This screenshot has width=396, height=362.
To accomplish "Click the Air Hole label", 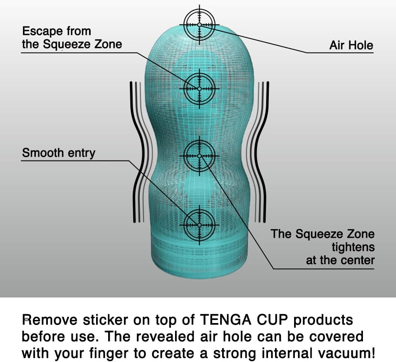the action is coord(351,45).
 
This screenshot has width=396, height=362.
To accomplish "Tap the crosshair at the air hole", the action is coord(200,25).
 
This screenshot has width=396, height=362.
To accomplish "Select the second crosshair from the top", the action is coord(200,89).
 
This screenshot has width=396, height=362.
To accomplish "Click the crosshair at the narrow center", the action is coord(200,156).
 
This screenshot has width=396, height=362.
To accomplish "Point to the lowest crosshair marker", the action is coord(200,225).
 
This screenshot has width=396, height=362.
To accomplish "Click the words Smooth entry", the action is coord(59,153).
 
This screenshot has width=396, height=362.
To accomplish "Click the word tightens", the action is coord(353,247).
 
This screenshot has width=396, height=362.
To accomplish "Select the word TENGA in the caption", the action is coord(226,320).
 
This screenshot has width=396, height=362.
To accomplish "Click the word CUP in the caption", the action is coord(272,320).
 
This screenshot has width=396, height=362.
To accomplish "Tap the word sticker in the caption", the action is coord(105,320).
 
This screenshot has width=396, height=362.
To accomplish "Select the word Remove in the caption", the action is coord(50,320).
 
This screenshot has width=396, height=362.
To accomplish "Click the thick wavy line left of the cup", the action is coord(138,152).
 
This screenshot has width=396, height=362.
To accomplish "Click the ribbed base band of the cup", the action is coord(199,256).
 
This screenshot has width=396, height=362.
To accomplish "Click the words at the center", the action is coord(340,260).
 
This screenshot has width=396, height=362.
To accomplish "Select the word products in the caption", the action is coord(323,320).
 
